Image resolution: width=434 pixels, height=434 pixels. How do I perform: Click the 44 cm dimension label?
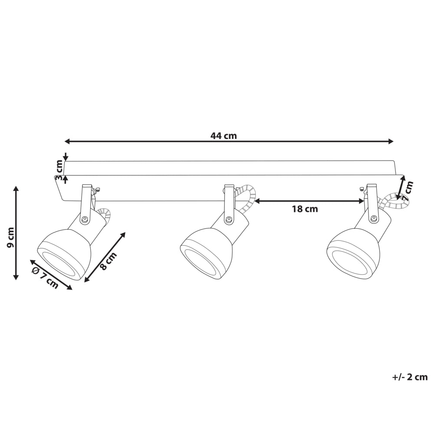(x=224, y=135)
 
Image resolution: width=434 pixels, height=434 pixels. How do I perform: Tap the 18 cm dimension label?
(x=305, y=209)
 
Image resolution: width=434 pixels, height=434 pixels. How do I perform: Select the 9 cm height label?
(x=10, y=237)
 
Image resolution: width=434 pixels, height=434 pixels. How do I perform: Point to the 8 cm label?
(x=108, y=261)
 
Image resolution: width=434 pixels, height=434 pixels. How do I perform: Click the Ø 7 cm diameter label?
(x=45, y=278)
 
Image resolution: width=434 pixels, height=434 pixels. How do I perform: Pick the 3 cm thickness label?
(x=59, y=170)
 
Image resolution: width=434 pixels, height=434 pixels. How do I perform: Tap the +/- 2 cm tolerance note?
(x=410, y=377)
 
